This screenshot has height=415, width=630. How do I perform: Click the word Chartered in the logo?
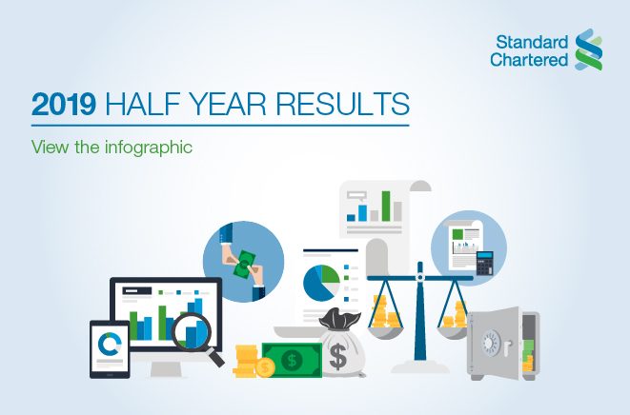coord(529,59)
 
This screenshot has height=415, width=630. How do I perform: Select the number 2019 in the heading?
coord(63,104)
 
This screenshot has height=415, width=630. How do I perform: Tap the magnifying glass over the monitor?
coord(196,333)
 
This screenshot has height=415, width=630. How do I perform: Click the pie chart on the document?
coord(320,282)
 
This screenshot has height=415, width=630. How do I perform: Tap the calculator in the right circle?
coord(485,261)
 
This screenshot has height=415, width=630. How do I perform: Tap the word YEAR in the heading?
coord(234,104)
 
